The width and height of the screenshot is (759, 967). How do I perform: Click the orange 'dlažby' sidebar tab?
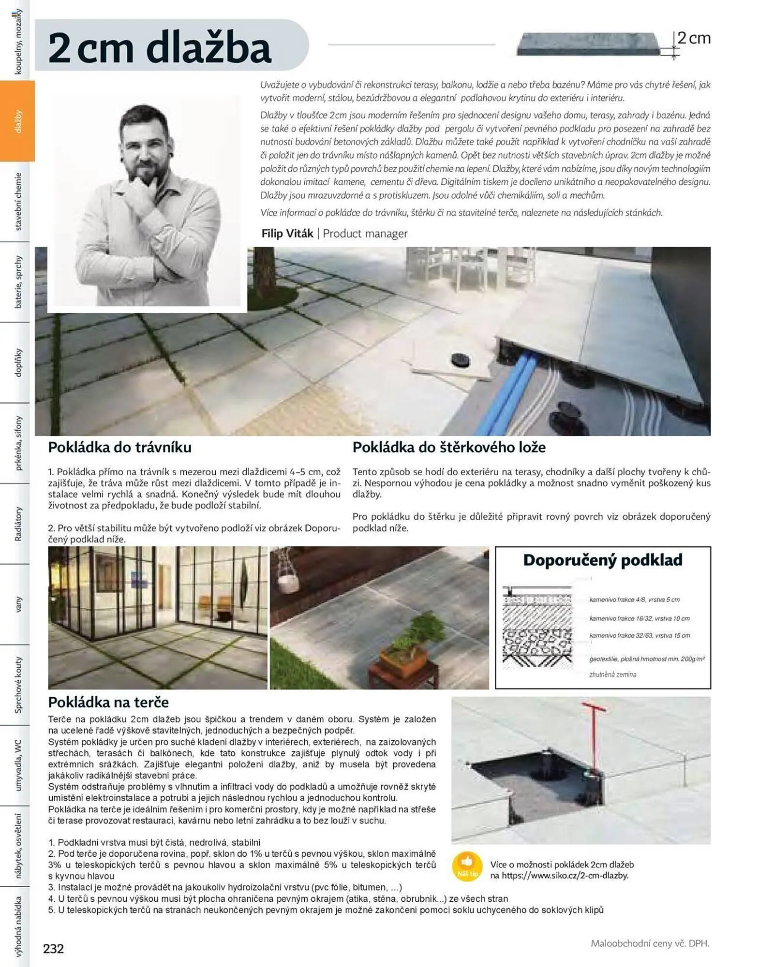(x=18, y=121)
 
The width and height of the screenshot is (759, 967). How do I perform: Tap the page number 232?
(x=53, y=949)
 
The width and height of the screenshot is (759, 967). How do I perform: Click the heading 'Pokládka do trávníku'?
(x=119, y=447)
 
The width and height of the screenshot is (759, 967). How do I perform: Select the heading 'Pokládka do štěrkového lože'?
(x=448, y=447)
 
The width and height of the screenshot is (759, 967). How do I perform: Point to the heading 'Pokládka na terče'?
(x=108, y=702)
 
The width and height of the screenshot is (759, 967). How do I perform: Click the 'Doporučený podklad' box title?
(x=602, y=560)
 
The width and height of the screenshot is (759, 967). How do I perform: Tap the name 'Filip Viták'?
(x=287, y=234)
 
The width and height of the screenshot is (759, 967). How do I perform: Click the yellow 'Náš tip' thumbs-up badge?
(x=467, y=866)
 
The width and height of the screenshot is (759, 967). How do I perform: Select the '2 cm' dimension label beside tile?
(x=693, y=38)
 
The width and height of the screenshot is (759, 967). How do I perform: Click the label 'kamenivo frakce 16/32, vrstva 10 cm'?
(x=639, y=618)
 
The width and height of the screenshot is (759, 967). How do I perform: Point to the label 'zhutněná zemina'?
(x=612, y=674)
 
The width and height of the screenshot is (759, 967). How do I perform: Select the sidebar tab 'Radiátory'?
(x=18, y=524)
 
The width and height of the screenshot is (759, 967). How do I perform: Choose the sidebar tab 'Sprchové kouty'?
(x=18, y=685)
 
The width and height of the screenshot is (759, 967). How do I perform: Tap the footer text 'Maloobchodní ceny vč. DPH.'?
(x=650, y=943)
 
